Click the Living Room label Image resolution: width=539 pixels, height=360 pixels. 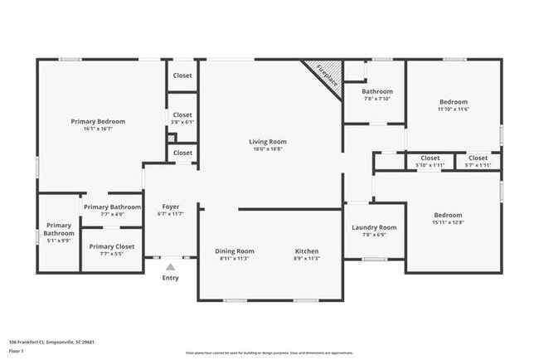pos(267,141)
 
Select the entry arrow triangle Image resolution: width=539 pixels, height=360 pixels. pos(170,267)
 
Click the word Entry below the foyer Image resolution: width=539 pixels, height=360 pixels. pos(170,278)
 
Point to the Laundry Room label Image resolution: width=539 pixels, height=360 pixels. pos(374,227)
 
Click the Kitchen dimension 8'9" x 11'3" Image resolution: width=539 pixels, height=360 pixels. pos(306,258)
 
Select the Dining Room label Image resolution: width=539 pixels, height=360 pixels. pos(235,251)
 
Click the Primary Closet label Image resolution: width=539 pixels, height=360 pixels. pos(112,246)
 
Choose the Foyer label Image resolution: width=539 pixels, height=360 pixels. pos(170,207)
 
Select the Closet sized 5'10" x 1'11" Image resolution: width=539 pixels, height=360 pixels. pos(430,165)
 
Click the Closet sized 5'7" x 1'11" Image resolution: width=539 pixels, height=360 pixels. pos(478,165)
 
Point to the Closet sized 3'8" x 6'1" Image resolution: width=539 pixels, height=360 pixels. pos(182,122)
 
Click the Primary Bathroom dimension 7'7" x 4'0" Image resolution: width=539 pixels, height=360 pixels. pos(112,214)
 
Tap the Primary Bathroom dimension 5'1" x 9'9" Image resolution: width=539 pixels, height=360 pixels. pos(59,241)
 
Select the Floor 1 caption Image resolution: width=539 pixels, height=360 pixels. pos(17,352)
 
